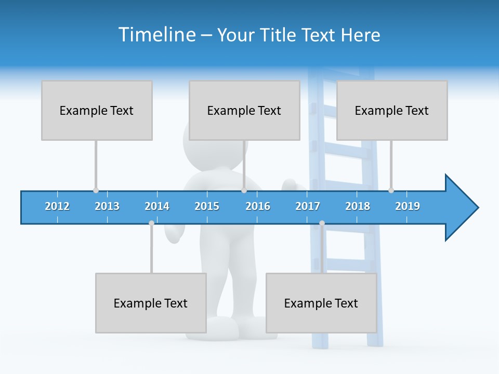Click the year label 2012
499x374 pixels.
57,206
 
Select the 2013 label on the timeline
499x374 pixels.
107,206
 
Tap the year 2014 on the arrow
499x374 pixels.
157,206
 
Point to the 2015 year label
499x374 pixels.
207,206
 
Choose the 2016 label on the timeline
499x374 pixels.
258,206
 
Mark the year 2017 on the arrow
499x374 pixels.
308,206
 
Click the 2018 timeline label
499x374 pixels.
358,206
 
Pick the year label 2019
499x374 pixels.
408,206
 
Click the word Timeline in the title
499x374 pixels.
155,35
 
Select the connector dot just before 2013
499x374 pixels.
96,190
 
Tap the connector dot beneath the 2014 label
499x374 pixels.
151,223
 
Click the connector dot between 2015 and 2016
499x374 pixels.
244,190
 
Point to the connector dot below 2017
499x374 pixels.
322,223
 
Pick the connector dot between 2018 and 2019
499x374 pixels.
391,190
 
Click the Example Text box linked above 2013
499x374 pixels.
97,110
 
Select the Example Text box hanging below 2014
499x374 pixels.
151,303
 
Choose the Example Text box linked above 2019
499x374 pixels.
392,110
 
